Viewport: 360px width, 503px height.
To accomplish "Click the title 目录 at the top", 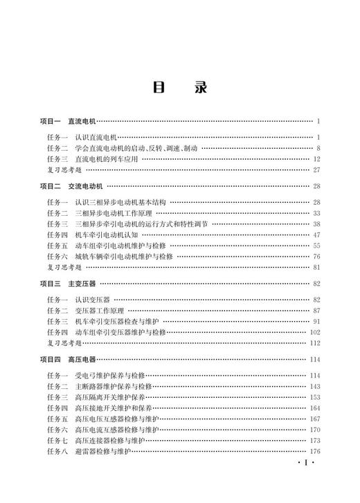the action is click(x=179, y=89).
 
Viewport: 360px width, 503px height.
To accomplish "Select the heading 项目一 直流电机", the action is click(x=68, y=122).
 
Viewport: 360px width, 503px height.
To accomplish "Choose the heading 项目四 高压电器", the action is click(x=68, y=360).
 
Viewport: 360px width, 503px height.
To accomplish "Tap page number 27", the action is click(x=316, y=170).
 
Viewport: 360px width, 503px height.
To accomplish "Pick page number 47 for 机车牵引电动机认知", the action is click(x=316, y=235).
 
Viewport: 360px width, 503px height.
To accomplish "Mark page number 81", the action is click(x=316, y=267).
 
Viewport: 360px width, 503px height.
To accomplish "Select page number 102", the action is click(x=315, y=333).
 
